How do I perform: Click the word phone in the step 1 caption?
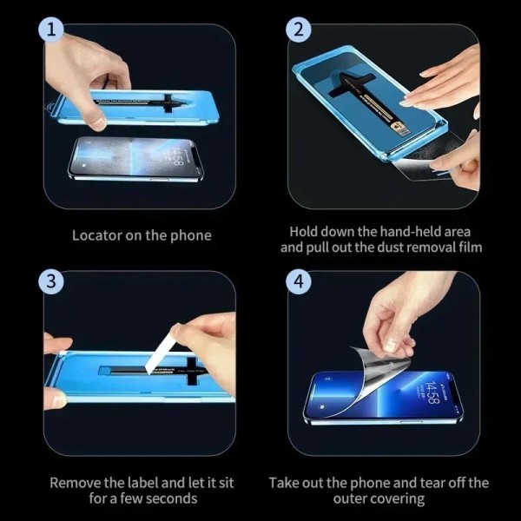point(190,235)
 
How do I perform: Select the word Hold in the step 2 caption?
point(302,232)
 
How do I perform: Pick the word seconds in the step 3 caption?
point(170,498)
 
